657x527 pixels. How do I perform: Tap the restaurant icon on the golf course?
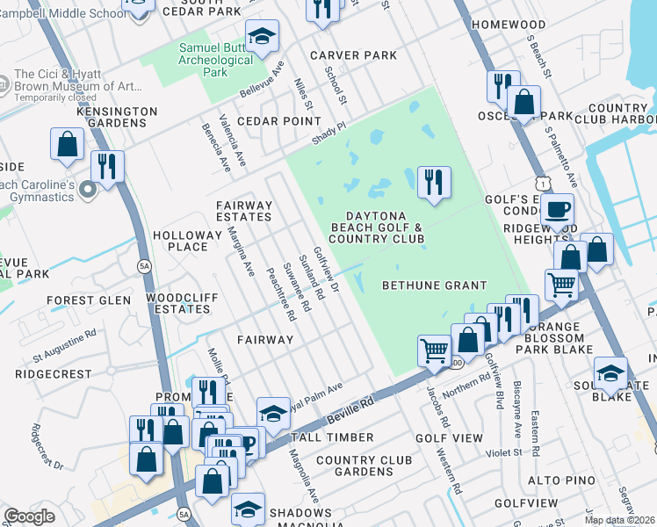(x=434, y=183)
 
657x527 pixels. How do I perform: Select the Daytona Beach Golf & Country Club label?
(x=377, y=227)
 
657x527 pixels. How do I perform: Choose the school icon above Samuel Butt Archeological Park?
(x=262, y=37)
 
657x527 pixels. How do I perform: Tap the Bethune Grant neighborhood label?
(x=434, y=285)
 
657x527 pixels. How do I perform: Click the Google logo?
(x=30, y=516)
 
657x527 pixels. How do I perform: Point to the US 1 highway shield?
(x=545, y=181)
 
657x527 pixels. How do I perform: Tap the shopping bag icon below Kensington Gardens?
(x=67, y=144)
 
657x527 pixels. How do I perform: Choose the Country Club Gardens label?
(x=365, y=466)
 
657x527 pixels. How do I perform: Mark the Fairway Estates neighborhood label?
(x=244, y=211)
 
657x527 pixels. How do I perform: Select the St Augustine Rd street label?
(x=65, y=346)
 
